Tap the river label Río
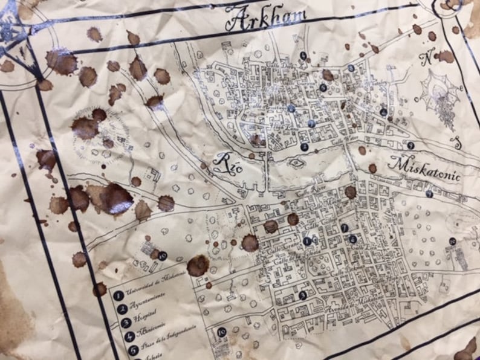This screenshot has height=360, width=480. [229, 162]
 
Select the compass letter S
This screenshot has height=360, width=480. [458, 144]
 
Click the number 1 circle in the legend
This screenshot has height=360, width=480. [119, 295]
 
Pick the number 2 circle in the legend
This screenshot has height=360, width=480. [123, 309]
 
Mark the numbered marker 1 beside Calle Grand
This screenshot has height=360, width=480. [307, 241]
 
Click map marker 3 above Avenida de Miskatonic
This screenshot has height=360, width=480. [302, 295]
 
